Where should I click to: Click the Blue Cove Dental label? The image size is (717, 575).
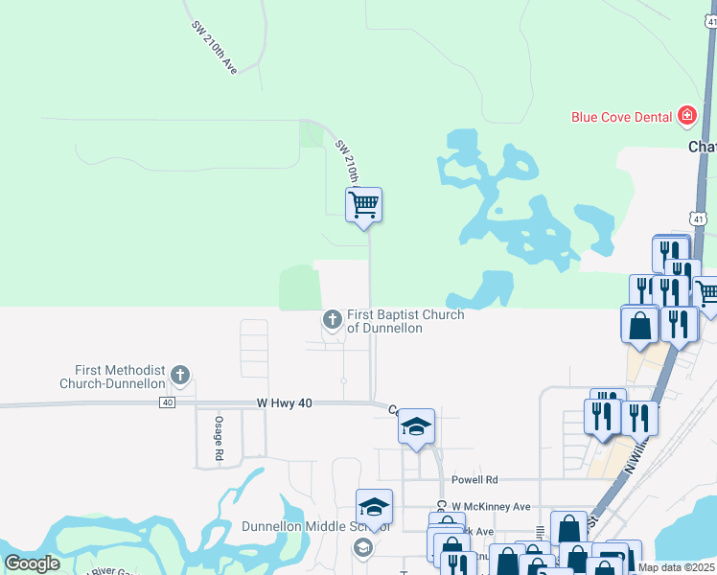pos(621,117)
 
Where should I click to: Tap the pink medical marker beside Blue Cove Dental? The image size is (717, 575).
pos(686,117)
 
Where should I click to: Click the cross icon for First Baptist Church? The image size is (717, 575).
pos(333,319)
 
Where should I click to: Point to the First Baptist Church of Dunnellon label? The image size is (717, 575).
pos(405,321)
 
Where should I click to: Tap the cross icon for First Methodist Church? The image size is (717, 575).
pos(180,376)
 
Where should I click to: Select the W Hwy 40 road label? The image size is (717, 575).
pos(285,404)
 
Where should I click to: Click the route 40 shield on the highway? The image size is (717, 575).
pos(168,402)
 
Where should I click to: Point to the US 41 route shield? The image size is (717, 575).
pos(699,219)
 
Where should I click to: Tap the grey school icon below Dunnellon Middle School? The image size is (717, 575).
pos(362,547)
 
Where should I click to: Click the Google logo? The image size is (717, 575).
pos(32,563)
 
